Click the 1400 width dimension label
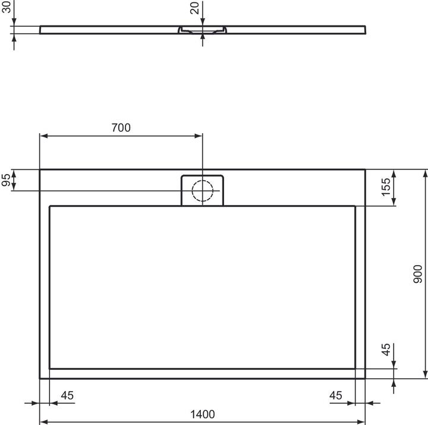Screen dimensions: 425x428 [203, 414]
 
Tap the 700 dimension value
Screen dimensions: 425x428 [120, 127]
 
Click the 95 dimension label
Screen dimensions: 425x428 [7, 181]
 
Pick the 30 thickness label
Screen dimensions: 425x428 [7, 12]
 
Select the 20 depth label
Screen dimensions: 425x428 [194, 8]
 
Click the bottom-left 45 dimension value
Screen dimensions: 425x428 [67, 395]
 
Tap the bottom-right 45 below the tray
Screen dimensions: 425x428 [336, 395]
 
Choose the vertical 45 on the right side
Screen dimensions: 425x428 [385, 350]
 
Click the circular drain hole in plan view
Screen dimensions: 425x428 [203, 190]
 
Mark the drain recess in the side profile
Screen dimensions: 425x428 [203, 29]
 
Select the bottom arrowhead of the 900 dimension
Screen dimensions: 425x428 [425, 374]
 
